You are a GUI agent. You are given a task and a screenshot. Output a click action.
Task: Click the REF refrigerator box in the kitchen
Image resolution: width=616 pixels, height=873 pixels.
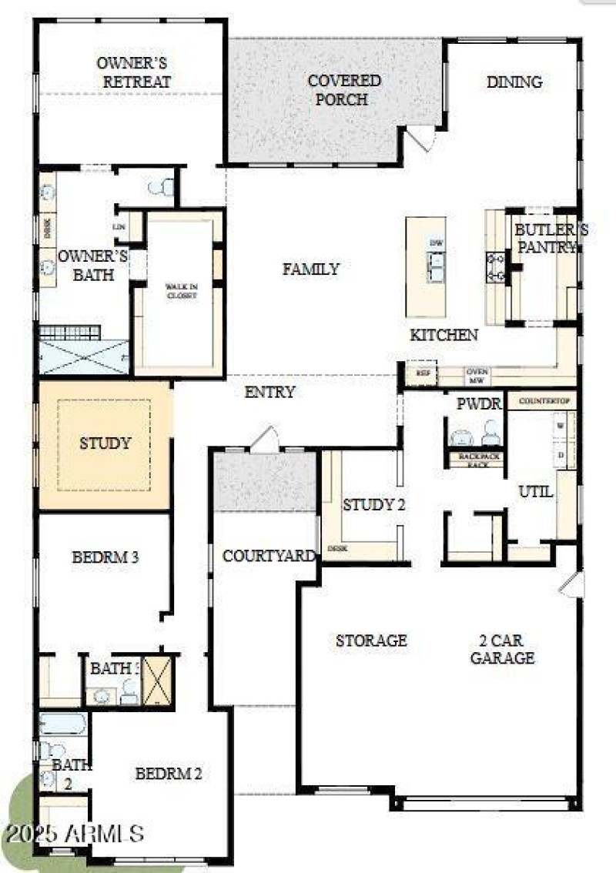(x=421, y=372)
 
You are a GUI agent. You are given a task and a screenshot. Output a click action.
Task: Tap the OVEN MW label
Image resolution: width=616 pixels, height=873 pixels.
(x=476, y=375)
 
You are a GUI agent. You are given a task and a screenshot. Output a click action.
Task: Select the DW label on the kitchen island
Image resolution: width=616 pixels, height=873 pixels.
(x=437, y=243)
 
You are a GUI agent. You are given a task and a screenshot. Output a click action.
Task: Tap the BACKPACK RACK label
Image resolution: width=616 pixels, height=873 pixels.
(x=476, y=460)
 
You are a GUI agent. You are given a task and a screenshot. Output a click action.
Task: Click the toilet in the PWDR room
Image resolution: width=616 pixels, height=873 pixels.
(x=490, y=436)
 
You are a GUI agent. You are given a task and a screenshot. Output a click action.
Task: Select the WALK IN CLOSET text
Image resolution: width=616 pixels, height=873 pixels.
(x=182, y=290)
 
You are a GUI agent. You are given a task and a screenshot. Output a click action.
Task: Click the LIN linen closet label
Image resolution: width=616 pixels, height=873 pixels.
(x=119, y=226)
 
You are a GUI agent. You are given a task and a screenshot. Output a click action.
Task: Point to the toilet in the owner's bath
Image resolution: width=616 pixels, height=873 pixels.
(x=162, y=187)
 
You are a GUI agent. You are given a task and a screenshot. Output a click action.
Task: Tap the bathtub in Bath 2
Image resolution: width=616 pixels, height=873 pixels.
(x=63, y=723)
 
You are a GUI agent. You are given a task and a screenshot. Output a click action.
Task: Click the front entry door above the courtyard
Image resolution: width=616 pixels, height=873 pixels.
(x=265, y=440)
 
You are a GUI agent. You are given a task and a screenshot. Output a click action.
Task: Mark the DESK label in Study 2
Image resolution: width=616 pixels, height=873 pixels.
(x=336, y=549)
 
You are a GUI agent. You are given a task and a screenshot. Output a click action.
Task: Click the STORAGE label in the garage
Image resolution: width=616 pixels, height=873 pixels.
(x=371, y=641)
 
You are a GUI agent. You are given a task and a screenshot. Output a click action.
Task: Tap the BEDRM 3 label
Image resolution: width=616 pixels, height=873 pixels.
(x=105, y=557)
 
